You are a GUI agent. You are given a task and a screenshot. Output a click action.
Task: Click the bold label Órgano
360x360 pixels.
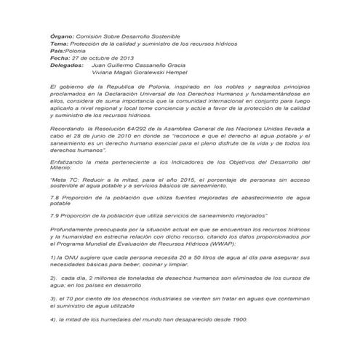tap(61, 36)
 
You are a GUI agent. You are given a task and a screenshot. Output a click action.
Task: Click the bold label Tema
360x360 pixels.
tap(59, 44)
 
